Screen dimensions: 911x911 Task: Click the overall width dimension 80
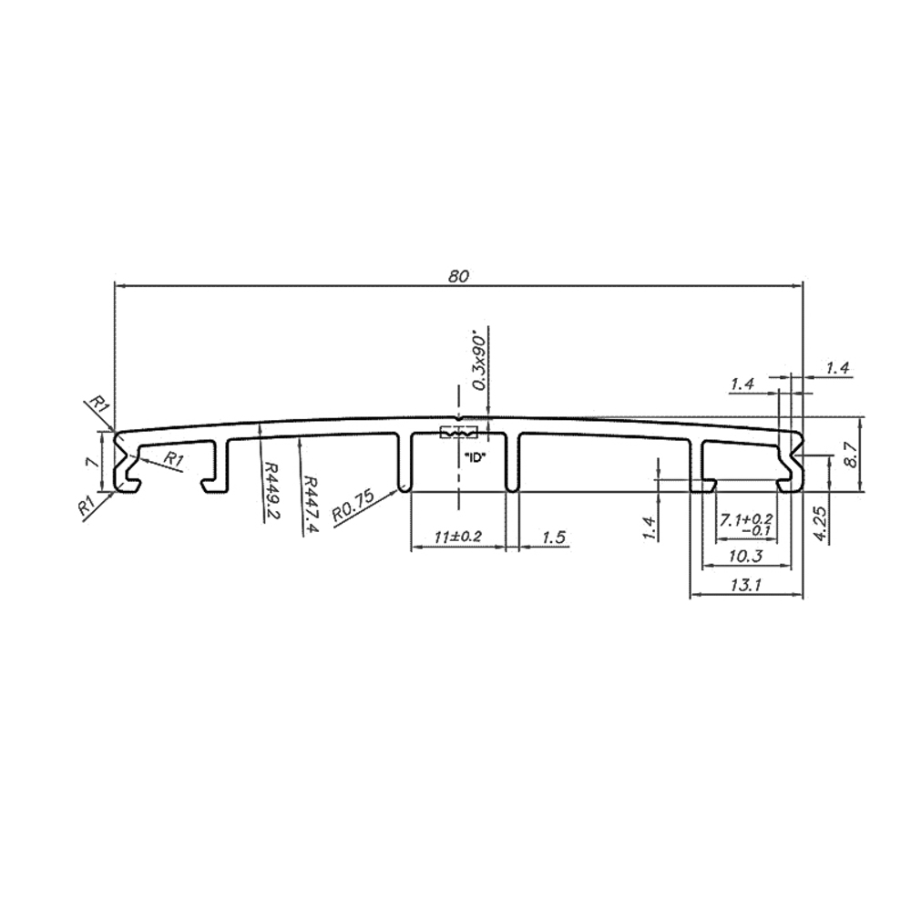coord(458,277)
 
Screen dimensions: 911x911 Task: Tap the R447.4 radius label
coord(311,506)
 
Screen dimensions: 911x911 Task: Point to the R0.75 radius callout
coord(353,506)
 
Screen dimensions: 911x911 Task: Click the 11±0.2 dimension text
coord(458,536)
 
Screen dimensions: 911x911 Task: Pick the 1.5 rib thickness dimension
coord(554,537)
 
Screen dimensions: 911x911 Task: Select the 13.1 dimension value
coord(745,585)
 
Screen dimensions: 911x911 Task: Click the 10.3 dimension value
coord(745,557)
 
